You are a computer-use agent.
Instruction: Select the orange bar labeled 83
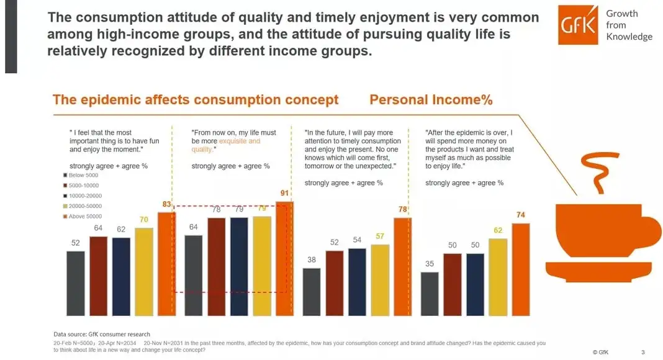click(x=166, y=263)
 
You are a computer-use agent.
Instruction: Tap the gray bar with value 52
click(x=76, y=282)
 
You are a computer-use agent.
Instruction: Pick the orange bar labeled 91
click(x=284, y=258)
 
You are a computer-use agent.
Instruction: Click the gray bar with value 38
click(x=312, y=291)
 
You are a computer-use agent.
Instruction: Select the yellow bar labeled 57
click(x=380, y=279)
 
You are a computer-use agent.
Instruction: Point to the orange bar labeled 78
click(x=402, y=266)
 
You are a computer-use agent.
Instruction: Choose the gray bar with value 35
click(x=430, y=293)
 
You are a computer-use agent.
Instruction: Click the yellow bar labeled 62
click(x=497, y=276)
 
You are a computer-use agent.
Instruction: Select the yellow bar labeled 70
click(x=144, y=271)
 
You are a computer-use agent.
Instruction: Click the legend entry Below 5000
click(x=83, y=176)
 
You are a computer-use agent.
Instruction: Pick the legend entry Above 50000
click(x=84, y=216)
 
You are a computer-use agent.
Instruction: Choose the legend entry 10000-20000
click(x=85, y=196)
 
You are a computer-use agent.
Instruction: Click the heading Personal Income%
click(x=431, y=99)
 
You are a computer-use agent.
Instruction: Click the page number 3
click(x=643, y=352)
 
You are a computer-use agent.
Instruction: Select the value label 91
click(x=284, y=193)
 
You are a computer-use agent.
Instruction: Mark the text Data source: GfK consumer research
click(x=102, y=335)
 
